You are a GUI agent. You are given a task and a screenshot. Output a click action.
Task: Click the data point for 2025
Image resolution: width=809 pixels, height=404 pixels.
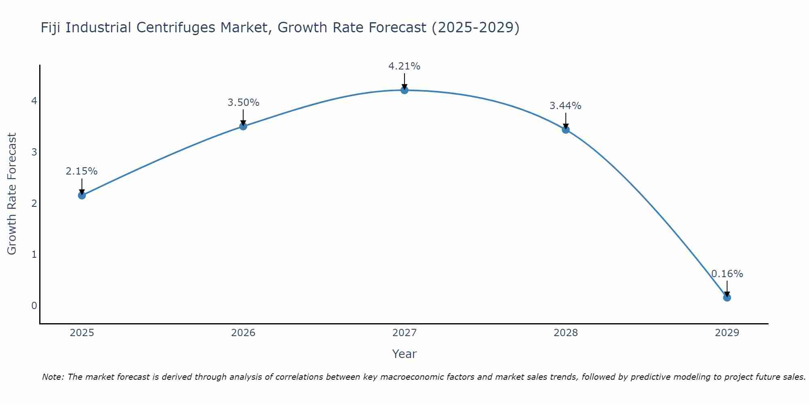pos(82,196)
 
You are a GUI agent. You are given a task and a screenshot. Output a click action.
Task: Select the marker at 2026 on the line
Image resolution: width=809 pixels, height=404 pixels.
pos(243,126)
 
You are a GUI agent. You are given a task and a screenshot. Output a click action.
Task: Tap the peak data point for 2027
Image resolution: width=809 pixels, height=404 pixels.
pos(404,90)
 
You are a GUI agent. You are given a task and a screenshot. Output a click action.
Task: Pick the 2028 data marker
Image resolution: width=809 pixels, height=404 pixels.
pos(566,130)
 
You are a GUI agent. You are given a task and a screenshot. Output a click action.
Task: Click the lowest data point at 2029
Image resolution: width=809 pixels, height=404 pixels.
pos(727,298)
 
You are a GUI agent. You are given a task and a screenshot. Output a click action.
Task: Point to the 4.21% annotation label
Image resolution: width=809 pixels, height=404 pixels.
pos(404,66)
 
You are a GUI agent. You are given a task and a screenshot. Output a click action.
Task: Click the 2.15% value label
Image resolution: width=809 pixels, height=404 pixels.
pos(82,171)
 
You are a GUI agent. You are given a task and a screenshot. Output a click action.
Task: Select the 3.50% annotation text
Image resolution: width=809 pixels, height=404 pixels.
pos(243,103)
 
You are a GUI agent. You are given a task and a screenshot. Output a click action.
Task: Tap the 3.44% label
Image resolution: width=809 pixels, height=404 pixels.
pos(565,106)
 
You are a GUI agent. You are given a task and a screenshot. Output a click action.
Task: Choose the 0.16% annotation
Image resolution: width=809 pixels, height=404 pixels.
pos(727,274)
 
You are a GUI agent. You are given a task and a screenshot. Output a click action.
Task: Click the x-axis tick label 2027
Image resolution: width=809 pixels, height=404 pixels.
pos(404,333)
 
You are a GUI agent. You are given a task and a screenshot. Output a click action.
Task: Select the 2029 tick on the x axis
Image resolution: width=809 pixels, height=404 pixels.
pos(727,333)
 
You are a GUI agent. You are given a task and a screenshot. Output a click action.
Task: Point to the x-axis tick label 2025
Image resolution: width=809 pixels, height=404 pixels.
pos(82,333)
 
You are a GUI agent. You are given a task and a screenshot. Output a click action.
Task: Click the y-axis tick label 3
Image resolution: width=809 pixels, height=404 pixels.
pos(34,152)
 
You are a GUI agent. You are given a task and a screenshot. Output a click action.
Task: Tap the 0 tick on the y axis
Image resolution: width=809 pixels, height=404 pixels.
pos(34,305)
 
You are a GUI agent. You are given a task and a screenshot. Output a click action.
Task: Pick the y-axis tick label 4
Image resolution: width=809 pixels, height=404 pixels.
pos(34,101)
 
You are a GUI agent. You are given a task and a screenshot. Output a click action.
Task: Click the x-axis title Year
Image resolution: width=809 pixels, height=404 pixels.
pos(404,354)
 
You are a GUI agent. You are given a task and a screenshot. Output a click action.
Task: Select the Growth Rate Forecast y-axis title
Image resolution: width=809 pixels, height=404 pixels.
pos(12,194)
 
